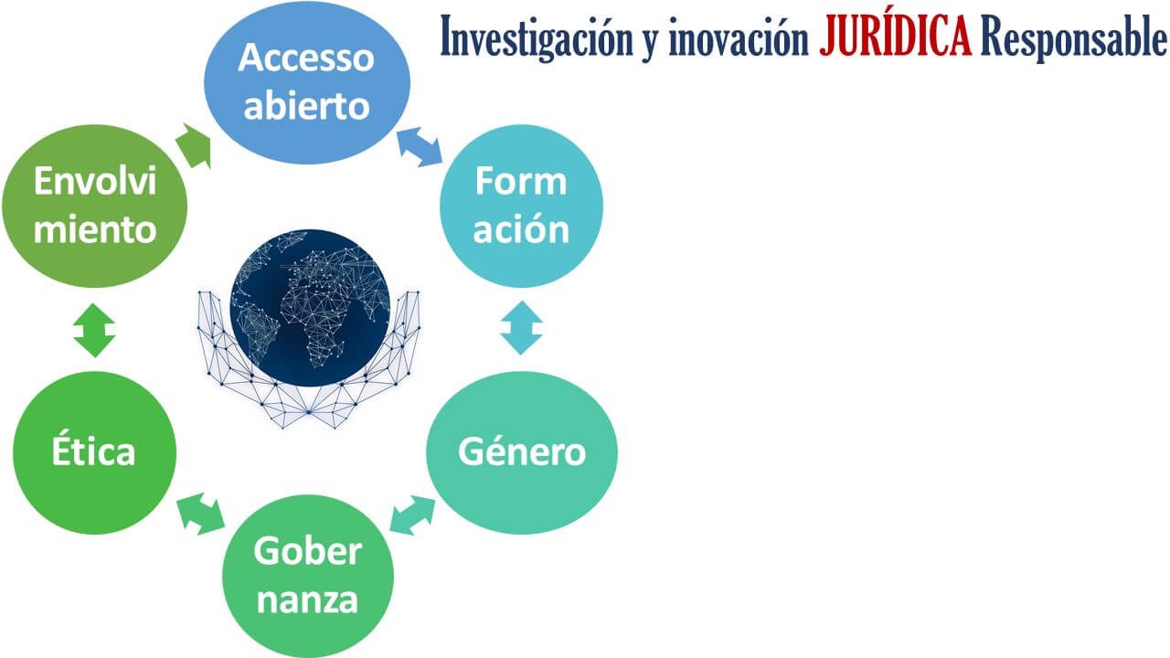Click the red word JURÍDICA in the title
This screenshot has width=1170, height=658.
895,36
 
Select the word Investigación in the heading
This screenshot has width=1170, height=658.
537,37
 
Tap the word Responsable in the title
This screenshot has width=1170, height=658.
1073,37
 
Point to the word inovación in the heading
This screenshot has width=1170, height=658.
739,37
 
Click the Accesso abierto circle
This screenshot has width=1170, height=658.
306,82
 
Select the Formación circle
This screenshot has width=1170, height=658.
521,206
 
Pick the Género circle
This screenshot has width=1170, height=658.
522,452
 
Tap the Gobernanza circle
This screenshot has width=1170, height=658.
308,576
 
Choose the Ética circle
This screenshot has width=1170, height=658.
94,452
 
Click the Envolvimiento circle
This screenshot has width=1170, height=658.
94,206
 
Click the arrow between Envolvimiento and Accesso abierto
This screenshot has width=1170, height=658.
195,146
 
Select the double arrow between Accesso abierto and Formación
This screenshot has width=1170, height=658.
420,147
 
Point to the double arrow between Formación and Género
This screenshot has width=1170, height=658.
521,328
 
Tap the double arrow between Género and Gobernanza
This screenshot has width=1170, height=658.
412,515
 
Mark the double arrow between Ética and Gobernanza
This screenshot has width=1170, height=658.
200,514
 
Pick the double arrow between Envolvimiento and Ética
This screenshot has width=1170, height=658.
94,330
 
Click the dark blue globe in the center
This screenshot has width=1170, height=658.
310,308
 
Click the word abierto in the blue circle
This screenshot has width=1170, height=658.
306,106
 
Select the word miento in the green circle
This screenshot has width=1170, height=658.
94,229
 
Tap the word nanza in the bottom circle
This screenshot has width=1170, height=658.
307,600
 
